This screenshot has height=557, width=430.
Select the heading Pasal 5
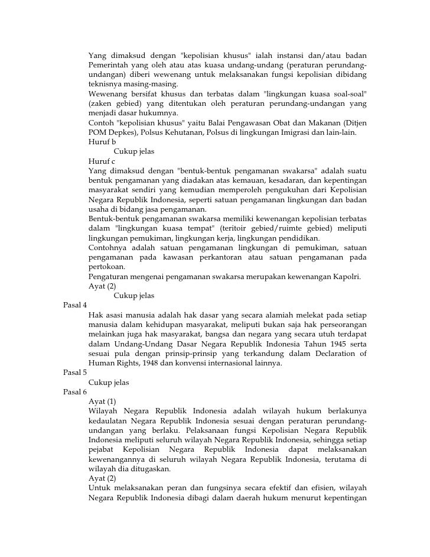click(x=74, y=373)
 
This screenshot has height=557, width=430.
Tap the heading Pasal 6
click(x=74, y=392)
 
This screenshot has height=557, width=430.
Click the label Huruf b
click(x=102, y=142)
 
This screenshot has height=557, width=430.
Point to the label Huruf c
click(x=102, y=161)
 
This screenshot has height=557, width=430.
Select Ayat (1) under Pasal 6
click(x=102, y=401)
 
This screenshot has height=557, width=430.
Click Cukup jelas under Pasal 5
click(x=109, y=383)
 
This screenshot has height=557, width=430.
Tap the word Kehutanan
click(x=184, y=132)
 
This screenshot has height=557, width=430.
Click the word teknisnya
click(x=105, y=85)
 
